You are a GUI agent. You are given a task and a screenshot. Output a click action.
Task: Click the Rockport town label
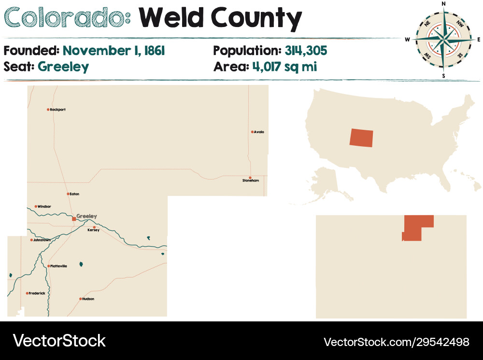[x=58, y=110]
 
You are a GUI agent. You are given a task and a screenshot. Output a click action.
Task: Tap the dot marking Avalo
[x=252, y=132]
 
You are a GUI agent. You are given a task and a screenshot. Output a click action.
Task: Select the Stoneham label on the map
[x=251, y=180]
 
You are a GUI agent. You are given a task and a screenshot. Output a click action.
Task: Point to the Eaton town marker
[x=68, y=194]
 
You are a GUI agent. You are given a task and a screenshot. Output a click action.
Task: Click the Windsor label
[x=44, y=207]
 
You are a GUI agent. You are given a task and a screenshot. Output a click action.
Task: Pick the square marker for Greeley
[x=73, y=219]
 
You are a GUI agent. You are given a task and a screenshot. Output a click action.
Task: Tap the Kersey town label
[x=93, y=230]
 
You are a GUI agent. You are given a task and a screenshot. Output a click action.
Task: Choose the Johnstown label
[x=42, y=240]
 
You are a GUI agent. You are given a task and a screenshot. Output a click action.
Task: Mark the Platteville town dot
[x=48, y=266]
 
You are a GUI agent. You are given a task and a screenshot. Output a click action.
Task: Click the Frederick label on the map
[x=37, y=293]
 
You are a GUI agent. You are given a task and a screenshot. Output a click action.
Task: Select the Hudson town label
[x=88, y=299]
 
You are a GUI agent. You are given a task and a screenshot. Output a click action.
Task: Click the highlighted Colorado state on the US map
[x=361, y=138]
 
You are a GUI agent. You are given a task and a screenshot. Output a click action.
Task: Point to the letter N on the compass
[x=444, y=4]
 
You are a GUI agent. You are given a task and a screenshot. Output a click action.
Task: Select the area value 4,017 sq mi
[x=284, y=66]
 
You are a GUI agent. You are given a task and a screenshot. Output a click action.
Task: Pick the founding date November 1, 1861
[x=114, y=50]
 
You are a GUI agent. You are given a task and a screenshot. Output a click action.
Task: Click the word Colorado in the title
[x=66, y=18]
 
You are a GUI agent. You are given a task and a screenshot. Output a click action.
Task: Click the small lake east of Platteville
[x=81, y=264]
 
